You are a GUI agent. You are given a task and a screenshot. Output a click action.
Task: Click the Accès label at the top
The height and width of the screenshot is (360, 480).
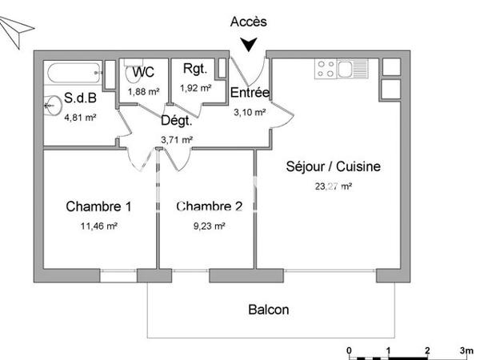point(248,22)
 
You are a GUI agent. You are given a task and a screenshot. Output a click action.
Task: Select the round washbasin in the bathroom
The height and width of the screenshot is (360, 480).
point(53,103)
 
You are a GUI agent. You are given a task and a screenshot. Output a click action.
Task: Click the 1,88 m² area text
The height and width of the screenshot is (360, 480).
point(143,90)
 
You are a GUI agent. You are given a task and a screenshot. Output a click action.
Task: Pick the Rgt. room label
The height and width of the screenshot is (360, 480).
point(195,70)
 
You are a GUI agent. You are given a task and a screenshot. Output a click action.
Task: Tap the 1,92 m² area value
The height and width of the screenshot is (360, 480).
point(195,88)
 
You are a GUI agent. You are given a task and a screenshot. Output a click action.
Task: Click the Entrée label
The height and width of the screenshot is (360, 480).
point(250,94)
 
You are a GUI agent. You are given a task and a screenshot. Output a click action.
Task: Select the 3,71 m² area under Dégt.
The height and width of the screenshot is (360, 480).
point(176,139)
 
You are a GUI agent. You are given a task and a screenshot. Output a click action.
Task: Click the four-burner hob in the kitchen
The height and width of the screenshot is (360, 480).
point(326,70)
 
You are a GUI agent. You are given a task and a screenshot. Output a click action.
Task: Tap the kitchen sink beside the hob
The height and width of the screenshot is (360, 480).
point(352,70)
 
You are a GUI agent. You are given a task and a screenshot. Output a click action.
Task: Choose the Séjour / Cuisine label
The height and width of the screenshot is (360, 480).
point(333,167)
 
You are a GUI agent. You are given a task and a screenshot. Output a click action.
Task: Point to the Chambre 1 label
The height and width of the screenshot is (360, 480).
point(98,207)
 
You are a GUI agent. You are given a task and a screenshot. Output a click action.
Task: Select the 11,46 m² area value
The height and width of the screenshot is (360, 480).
point(99,226)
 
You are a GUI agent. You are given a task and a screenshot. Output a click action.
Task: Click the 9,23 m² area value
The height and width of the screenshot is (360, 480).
point(209,226)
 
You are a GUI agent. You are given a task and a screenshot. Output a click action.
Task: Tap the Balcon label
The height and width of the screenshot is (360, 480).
point(269,310)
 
